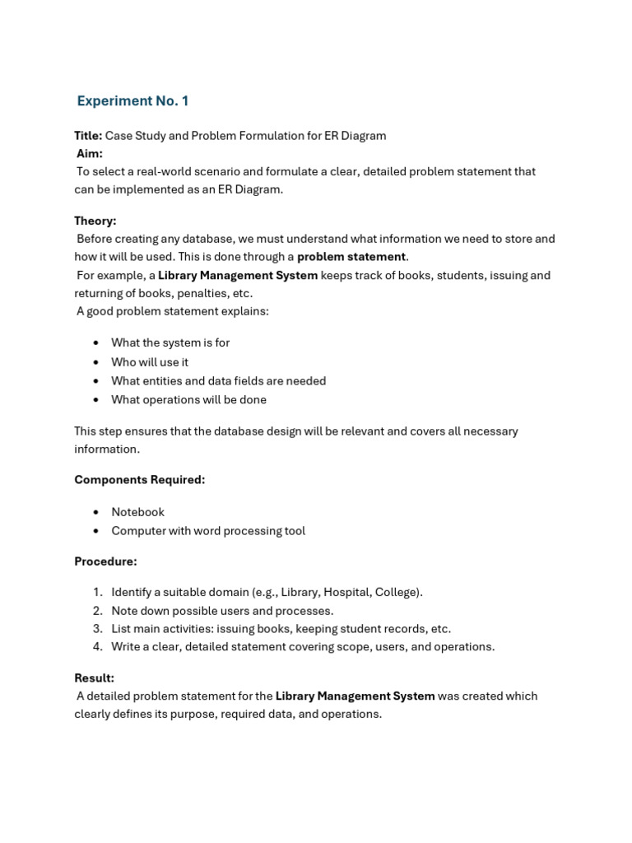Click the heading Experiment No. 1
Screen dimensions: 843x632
coord(132,101)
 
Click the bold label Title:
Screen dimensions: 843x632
coord(88,136)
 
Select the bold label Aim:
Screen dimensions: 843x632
coord(90,154)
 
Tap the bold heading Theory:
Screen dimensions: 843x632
coord(95,221)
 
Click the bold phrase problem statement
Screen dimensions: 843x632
coord(351,257)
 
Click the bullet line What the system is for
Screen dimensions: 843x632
coord(170,342)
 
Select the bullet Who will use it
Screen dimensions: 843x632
coord(150,361)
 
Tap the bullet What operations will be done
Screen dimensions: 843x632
coord(188,399)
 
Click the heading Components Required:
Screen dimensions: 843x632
coord(140,480)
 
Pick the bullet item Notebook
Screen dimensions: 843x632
coord(138,512)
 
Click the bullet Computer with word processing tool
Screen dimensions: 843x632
coord(208,531)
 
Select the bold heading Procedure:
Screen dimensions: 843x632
coord(105,561)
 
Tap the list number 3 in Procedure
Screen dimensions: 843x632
coord(97,629)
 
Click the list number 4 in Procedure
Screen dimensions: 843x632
coord(97,647)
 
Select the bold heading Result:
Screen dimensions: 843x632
coord(95,678)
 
